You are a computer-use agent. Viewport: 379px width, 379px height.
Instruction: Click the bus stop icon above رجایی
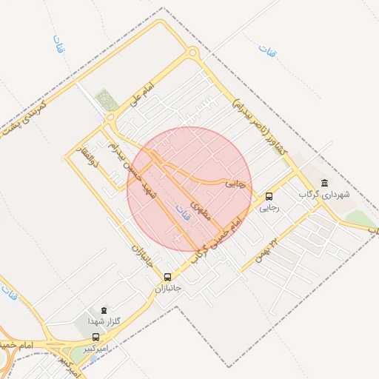tap(269, 197)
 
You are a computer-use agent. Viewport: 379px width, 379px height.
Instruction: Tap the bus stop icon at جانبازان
tap(167, 276)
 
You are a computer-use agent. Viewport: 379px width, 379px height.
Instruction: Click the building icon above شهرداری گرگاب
tap(323, 183)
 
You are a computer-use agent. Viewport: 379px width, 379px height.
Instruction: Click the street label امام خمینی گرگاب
tap(215, 241)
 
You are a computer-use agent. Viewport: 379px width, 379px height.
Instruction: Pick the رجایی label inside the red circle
tap(235, 184)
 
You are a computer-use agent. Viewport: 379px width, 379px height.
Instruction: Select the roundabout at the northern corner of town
tap(192, 53)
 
